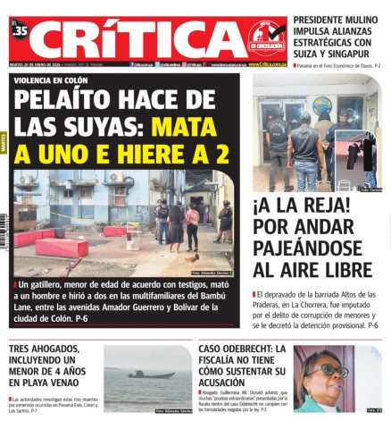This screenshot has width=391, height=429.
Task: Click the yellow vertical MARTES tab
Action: [x=4, y=143]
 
